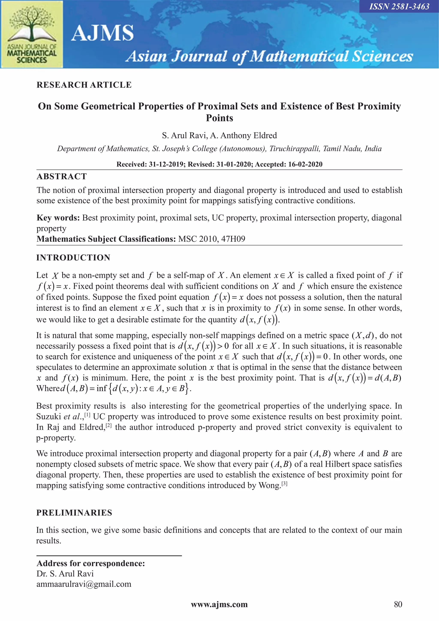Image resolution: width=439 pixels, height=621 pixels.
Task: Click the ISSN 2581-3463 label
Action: [399, 6]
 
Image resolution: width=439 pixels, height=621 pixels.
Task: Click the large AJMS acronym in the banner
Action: [102, 33]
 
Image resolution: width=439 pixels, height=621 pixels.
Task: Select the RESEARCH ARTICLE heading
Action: [84, 85]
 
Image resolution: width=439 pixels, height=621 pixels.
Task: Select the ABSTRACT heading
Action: [62, 177]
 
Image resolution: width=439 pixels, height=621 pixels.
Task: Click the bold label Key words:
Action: [58, 218]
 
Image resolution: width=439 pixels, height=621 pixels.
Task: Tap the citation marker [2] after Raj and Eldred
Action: [109, 425]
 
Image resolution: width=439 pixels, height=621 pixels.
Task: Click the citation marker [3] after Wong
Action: [284, 483]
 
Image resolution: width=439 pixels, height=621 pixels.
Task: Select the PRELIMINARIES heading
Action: [74, 513]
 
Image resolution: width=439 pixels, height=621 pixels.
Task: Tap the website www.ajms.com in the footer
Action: [219, 604]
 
